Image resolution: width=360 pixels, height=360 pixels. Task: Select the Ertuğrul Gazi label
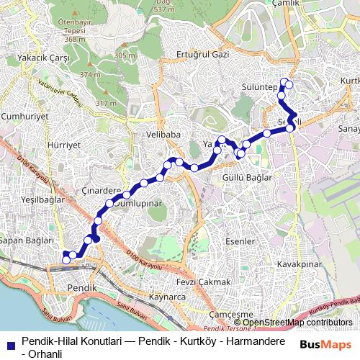(202, 55)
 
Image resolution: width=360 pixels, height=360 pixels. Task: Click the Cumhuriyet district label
(24, 115)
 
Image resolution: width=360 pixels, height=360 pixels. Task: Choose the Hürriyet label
(47, 143)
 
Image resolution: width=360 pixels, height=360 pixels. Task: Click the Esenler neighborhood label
(240, 241)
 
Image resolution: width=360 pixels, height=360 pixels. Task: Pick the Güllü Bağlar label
(247, 176)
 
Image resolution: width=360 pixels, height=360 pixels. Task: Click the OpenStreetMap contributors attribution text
(297, 322)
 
